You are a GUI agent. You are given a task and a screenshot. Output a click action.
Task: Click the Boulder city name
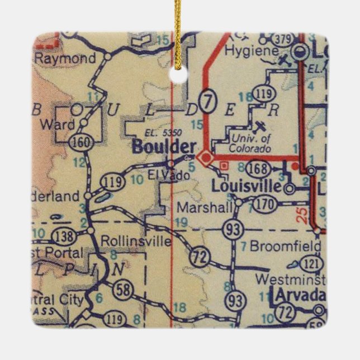[164, 148]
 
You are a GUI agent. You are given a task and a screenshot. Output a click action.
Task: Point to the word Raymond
[65, 59]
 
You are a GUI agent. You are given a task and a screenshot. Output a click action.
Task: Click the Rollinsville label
[136, 241]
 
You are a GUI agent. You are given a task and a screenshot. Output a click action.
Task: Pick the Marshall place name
[204, 208]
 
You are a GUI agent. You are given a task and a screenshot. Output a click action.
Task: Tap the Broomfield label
[285, 247]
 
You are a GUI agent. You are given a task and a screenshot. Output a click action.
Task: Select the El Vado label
[165, 176]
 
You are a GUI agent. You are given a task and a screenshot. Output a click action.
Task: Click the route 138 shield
[65, 236]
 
